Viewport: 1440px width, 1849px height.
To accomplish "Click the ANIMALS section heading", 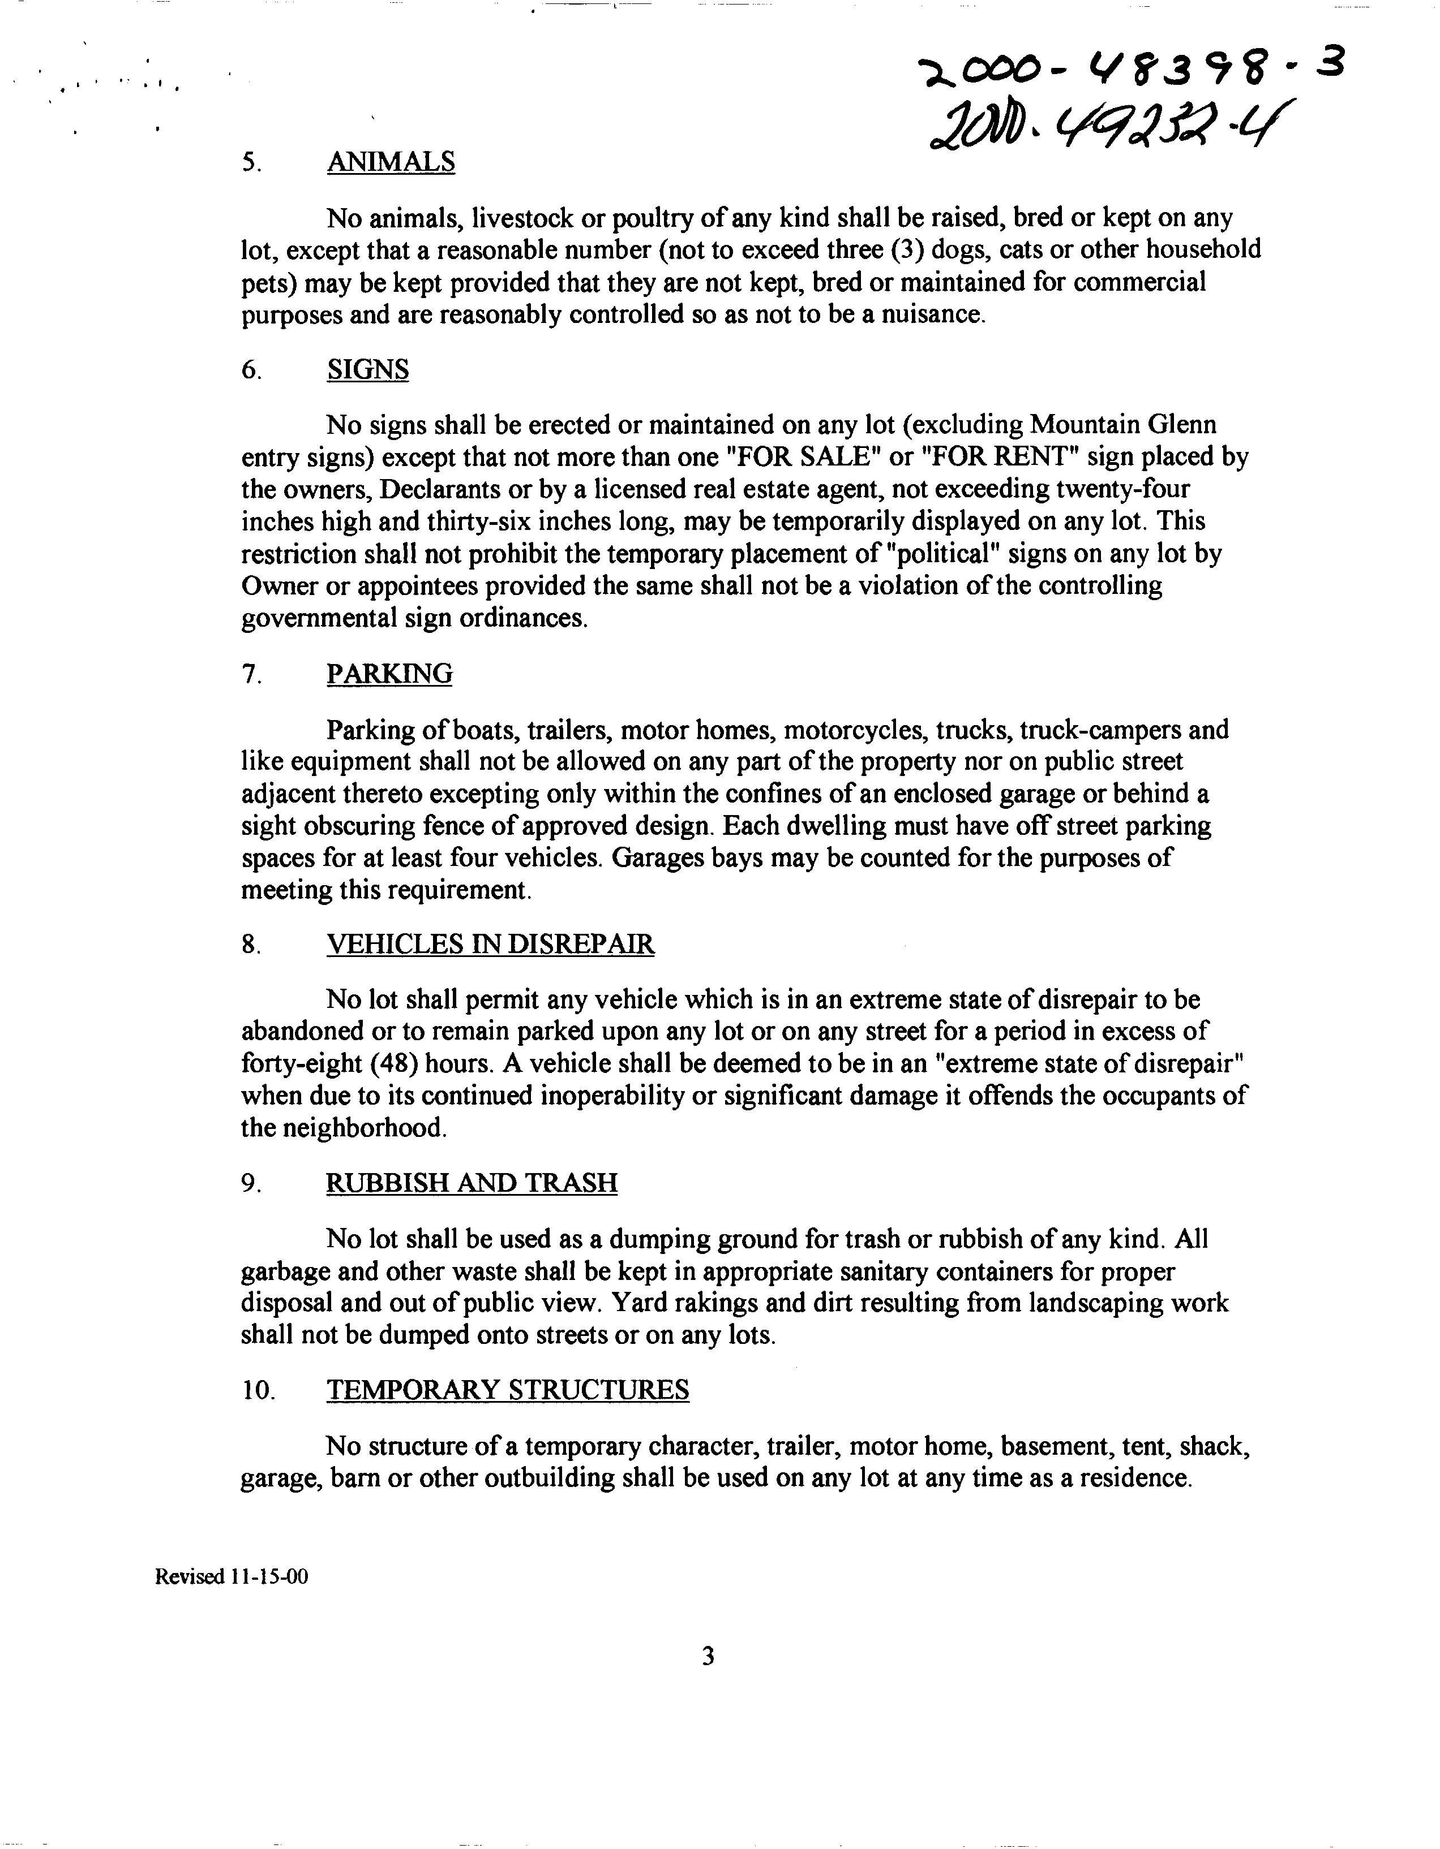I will tap(391, 162).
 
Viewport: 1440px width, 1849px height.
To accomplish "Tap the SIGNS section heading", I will tap(367, 369).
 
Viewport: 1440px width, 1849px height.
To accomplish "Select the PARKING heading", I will tap(389, 674).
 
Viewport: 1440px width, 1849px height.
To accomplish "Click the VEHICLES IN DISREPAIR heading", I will tap(490, 944).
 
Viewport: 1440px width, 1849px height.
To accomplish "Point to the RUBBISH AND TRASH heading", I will tap(472, 1183).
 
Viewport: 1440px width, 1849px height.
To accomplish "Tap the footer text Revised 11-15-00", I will tap(232, 1578).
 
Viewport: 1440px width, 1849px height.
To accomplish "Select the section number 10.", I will tap(258, 1391).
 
